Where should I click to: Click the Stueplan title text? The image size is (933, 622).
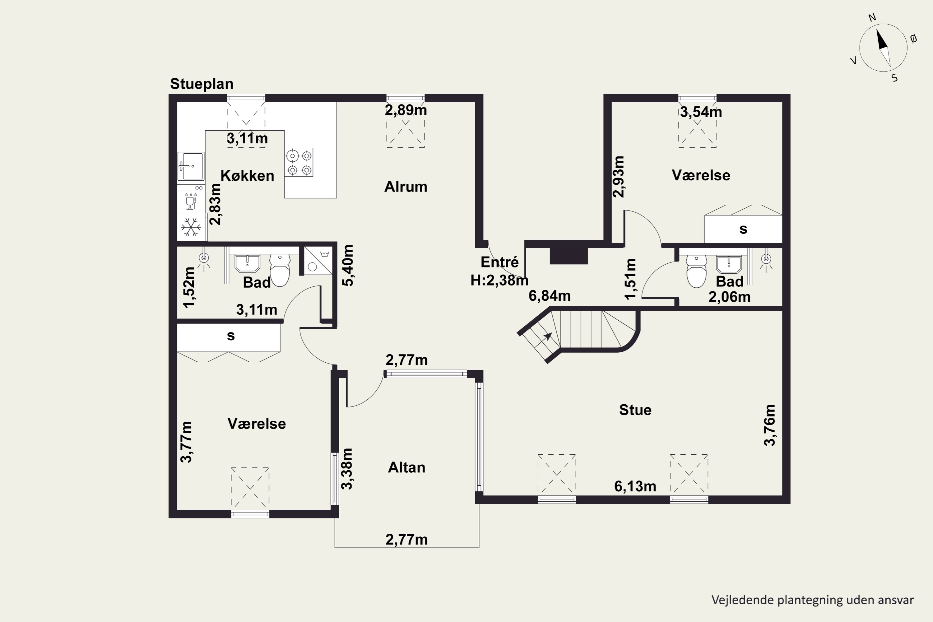pos(202,84)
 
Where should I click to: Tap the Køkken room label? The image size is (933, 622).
pos(247,175)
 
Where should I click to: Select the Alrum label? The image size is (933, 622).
pos(406,186)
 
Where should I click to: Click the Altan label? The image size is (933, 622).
pos(406,467)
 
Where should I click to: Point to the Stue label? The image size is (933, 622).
pos(635,410)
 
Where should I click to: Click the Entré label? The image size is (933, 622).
pos(499,262)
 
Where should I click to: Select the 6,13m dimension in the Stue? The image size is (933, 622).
pos(635,486)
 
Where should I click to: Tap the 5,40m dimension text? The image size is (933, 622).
pos(348,265)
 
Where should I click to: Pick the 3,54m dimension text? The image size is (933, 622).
pos(701,112)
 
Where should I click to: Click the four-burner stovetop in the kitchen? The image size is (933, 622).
pos(299,162)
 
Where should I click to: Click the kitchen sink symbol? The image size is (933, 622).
pos(191,166)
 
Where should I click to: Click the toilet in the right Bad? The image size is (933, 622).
pos(697,271)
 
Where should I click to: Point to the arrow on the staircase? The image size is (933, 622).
pos(547,337)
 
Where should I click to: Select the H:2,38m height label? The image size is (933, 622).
pos(499,281)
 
